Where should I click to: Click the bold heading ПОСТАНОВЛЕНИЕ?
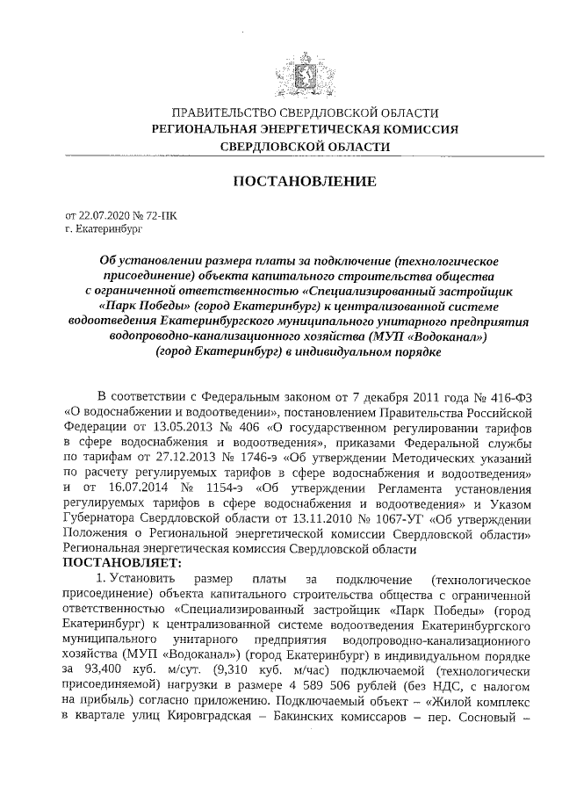(x=305, y=182)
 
